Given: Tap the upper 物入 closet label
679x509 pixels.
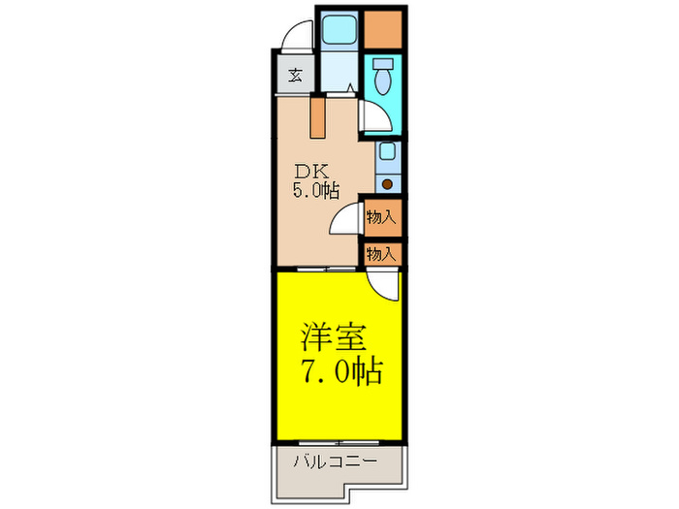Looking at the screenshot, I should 380,217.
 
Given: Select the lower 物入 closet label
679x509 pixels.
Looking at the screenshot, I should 380,254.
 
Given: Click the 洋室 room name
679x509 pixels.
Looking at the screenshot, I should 333,339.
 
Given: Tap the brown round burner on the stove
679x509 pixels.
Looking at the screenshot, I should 387,182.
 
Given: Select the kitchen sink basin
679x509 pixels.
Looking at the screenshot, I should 387,152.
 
